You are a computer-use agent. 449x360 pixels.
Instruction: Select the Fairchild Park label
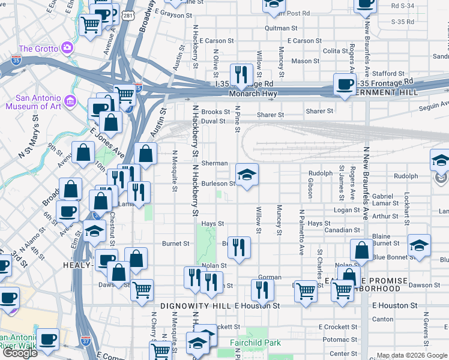click(x=256, y=343)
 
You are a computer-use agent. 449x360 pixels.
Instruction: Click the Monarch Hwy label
click(x=252, y=94)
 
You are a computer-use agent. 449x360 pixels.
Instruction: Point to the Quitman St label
click(x=281, y=28)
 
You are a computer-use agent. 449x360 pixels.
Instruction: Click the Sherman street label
click(x=214, y=163)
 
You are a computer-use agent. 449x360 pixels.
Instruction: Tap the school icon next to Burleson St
click(x=247, y=175)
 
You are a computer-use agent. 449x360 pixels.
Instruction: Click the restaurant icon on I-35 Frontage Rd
click(x=241, y=75)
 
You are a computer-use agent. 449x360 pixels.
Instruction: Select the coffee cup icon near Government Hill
click(x=345, y=85)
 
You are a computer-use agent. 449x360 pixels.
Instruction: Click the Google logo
click(x=20, y=353)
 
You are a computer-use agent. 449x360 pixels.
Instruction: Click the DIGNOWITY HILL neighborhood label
click(x=196, y=306)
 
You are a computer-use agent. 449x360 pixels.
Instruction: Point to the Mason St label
click(x=306, y=61)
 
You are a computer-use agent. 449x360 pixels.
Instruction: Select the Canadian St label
click(x=342, y=230)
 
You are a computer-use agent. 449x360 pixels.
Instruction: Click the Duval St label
click(x=213, y=121)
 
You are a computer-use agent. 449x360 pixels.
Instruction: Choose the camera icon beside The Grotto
click(x=67, y=47)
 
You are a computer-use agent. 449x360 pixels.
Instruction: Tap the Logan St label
click(x=346, y=210)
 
